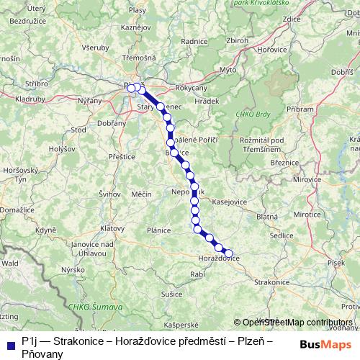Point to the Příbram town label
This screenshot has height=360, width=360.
point(300,108)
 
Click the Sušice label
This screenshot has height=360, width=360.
point(171,294)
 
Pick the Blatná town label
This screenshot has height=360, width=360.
point(267,216)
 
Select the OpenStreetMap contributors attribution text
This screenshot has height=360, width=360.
point(297,323)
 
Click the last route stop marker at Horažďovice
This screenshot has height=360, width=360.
point(229,253)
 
